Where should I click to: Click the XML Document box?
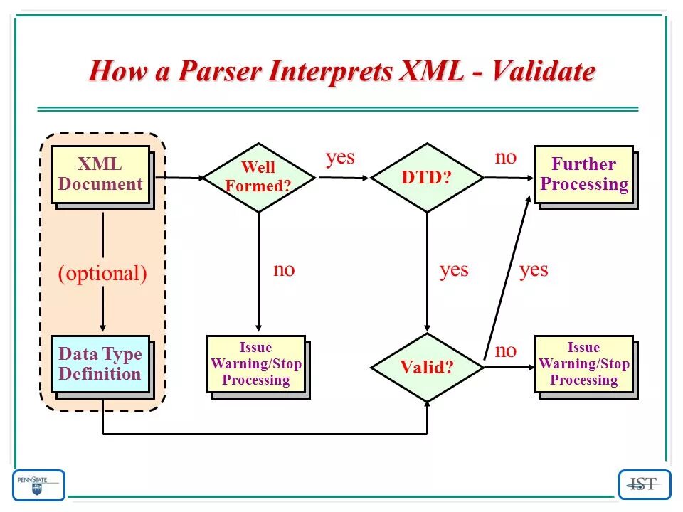pyautogui.click(x=100, y=174)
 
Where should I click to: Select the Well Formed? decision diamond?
pyautogui.click(x=258, y=177)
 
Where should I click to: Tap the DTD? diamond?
pyautogui.click(x=427, y=177)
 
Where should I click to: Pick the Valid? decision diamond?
pyautogui.click(x=427, y=367)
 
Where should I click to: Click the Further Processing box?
pyautogui.click(x=584, y=174)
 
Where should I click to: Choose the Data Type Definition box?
pyautogui.click(x=100, y=364)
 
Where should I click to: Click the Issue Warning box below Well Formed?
pyautogui.click(x=256, y=364)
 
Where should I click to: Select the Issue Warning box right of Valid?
pyautogui.click(x=584, y=364)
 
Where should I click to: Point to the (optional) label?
pyautogui.click(x=102, y=274)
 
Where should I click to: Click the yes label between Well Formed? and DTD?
pyautogui.click(x=340, y=157)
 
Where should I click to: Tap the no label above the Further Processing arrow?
pyautogui.click(x=505, y=157)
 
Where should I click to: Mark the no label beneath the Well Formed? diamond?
pyautogui.click(x=284, y=270)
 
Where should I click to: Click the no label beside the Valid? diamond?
pyautogui.click(x=505, y=350)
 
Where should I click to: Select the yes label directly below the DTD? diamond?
pyautogui.click(x=454, y=270)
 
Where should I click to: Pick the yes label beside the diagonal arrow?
pyautogui.click(x=534, y=270)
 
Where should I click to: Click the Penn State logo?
pyautogui.click(x=38, y=485)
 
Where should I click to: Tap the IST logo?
pyautogui.click(x=645, y=485)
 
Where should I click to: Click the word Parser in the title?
pyautogui.click(x=221, y=72)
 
